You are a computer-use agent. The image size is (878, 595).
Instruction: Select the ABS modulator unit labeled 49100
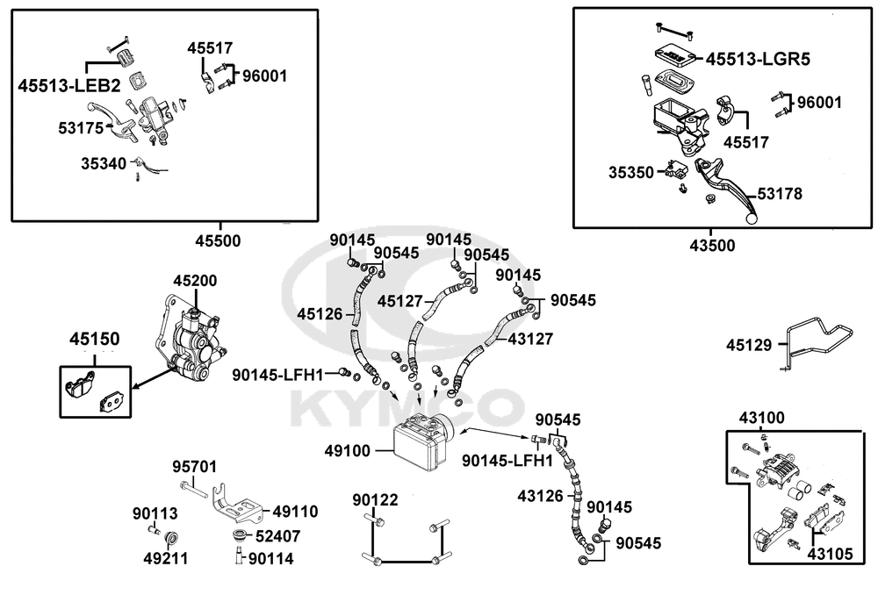[x=420, y=441]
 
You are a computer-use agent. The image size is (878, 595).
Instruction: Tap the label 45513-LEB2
[x=69, y=85]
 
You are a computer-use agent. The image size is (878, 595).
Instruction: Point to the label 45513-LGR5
[x=758, y=60]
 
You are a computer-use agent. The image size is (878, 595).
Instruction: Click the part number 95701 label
[x=194, y=467]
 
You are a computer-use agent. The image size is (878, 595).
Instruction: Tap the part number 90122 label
[x=376, y=500]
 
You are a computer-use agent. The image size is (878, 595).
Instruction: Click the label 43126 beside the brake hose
[x=540, y=496]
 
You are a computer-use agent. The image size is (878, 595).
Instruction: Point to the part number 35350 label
[x=631, y=173]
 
